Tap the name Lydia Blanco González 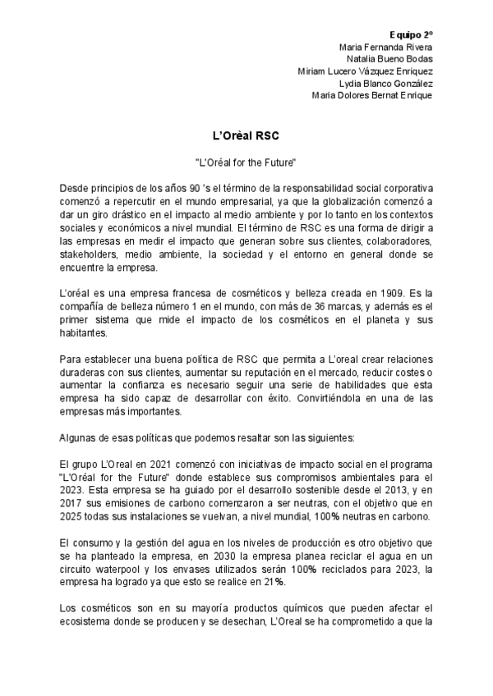(385, 83)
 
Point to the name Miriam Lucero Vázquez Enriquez (364, 71)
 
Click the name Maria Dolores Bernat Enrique (371, 94)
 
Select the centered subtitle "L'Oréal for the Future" (246, 164)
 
